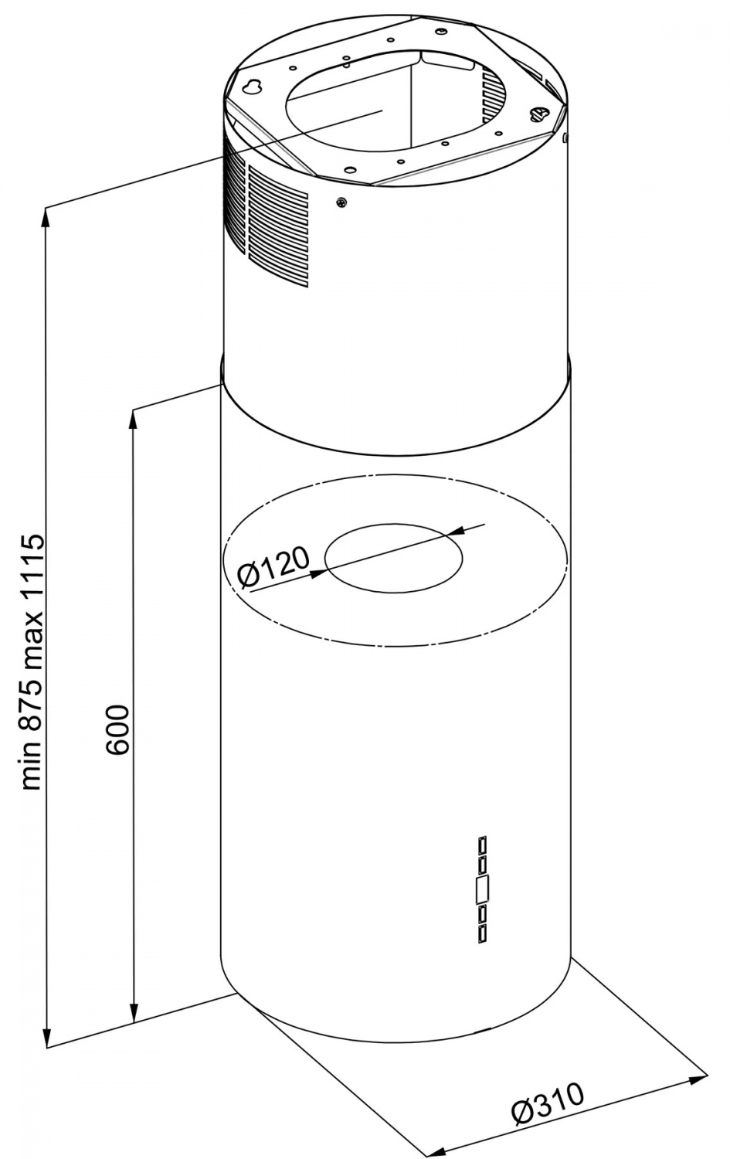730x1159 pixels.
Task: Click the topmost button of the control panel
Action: tap(483, 845)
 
